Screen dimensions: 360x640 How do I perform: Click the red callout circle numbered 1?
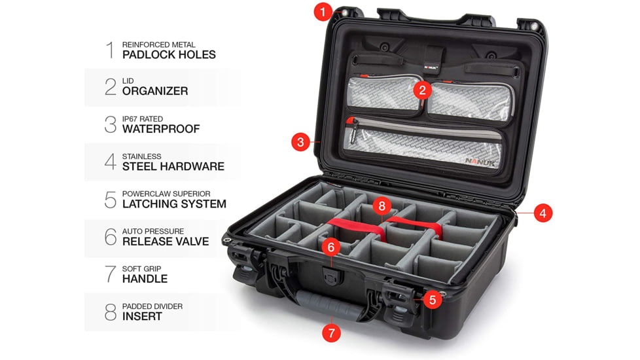[x=323, y=11]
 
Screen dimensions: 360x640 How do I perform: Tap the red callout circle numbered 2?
[x=423, y=90]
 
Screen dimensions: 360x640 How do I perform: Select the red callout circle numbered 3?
[x=300, y=141]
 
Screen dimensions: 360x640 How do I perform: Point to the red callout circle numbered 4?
[x=542, y=213]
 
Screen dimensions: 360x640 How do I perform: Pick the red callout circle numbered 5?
[x=432, y=300]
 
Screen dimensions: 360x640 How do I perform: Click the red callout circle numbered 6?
[x=332, y=247]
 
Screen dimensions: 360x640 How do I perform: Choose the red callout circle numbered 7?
[x=331, y=333]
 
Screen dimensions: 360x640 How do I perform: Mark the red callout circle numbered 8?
[x=383, y=206]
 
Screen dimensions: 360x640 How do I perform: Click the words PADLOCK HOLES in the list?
[x=169, y=55]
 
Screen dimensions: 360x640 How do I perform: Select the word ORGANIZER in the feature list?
[x=155, y=92]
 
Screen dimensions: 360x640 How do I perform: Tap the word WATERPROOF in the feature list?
[x=161, y=129]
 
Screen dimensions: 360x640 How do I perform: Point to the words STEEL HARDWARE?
[x=173, y=166]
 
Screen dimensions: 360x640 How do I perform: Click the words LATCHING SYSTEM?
[x=174, y=204]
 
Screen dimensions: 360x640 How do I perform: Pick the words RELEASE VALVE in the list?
[x=166, y=241]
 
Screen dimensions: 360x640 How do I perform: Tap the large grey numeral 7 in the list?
[x=111, y=274]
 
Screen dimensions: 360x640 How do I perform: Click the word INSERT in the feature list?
[x=142, y=316]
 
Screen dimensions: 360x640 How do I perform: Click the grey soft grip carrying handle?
[x=327, y=305]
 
